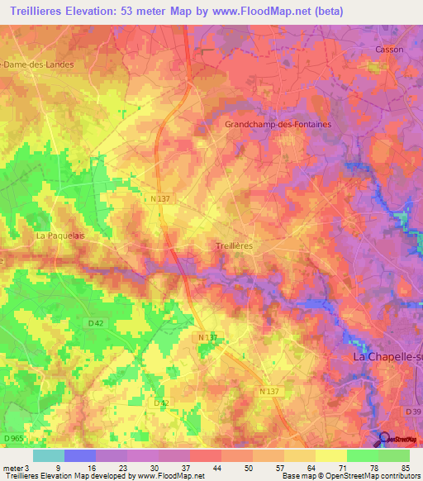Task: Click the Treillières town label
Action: tap(233, 246)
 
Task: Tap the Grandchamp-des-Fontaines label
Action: tap(278, 124)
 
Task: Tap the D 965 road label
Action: tap(12, 437)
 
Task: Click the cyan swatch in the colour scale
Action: tap(48, 455)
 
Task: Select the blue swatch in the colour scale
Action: tap(79, 455)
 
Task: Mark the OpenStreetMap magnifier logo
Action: tap(383, 439)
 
